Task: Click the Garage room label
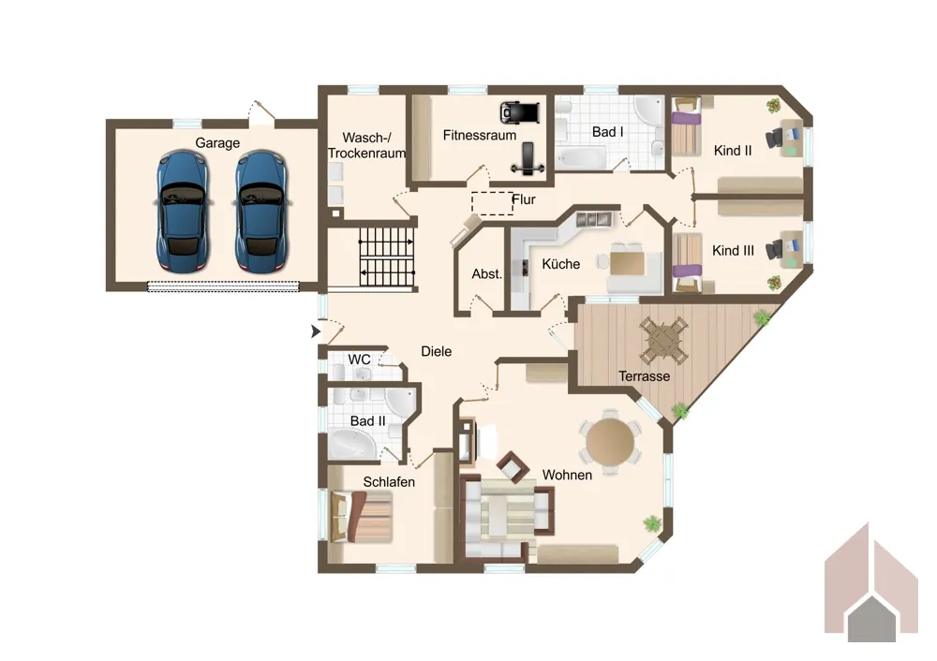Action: click(217, 142)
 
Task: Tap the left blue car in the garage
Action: click(183, 211)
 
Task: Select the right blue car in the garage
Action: click(261, 211)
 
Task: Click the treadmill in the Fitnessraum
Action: click(520, 111)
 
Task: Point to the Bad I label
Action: click(608, 132)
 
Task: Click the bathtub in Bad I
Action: click(582, 157)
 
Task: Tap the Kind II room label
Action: click(733, 151)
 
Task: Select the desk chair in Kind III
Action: click(776, 250)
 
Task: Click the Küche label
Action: click(560, 264)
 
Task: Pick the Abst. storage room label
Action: click(486, 274)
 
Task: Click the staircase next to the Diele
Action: click(387, 257)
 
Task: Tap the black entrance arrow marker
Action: click(316, 330)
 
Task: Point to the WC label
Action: click(359, 360)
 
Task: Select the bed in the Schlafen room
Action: click(361, 517)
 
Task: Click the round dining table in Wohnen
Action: click(610, 443)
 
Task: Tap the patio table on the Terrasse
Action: click(663, 341)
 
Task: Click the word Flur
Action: click(524, 199)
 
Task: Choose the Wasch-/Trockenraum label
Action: click(366, 145)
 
